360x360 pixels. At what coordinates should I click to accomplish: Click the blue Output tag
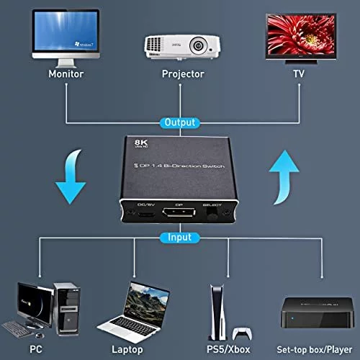tap(179, 122)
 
